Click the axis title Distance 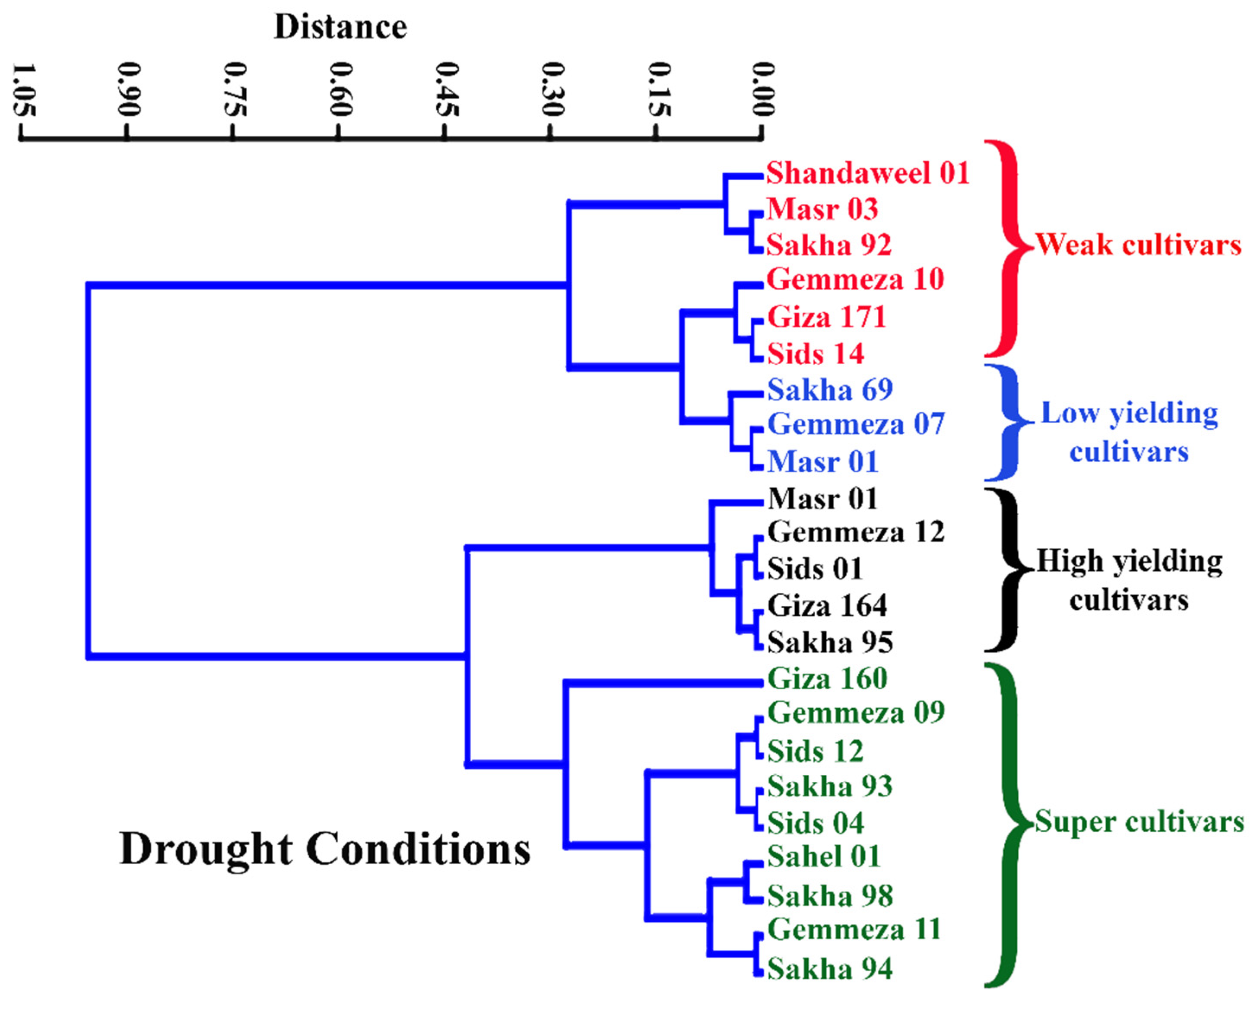coord(340,27)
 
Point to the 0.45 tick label coord(447,90)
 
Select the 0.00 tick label coord(763,90)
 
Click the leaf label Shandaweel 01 coord(867,173)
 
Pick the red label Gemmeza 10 coord(855,280)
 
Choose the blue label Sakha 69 coord(830,390)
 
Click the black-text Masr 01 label coord(822,499)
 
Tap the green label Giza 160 coord(827,679)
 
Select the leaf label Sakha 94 coord(830,969)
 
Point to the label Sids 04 coord(815,823)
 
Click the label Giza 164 coord(827,605)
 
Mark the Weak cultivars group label coord(1139,245)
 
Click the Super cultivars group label coord(1139,822)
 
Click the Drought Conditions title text coord(325,849)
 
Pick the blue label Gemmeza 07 coord(855,425)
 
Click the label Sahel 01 coord(823,857)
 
